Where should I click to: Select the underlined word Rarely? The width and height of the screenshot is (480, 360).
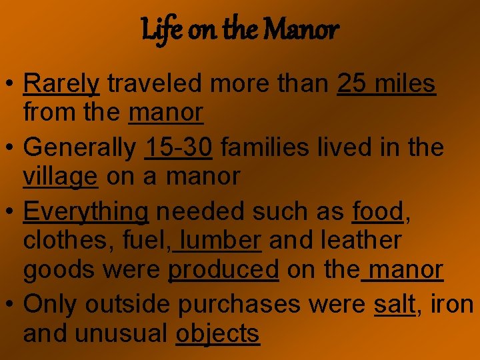click(x=61, y=85)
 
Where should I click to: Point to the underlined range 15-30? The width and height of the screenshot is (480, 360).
click(x=178, y=147)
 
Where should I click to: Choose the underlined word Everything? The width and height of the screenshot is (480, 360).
click(x=85, y=211)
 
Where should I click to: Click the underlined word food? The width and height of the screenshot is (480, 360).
click(x=377, y=211)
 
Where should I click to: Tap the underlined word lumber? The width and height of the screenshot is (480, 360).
click(x=221, y=240)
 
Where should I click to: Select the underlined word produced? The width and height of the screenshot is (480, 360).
click(x=223, y=270)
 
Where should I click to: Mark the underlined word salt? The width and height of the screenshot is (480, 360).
click(x=395, y=303)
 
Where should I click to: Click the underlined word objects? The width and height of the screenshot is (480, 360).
click(x=217, y=333)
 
